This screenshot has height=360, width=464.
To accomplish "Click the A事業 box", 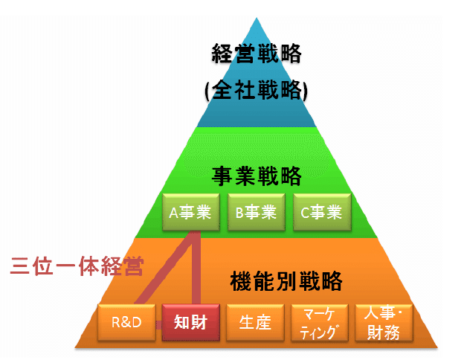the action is [191, 212].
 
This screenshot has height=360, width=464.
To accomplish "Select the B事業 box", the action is [257, 212].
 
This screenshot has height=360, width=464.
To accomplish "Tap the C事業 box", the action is [322, 212].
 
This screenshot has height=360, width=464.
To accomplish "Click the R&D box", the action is [126, 323].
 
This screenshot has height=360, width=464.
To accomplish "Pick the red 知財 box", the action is [191, 323].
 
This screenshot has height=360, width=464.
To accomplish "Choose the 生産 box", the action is [255, 323].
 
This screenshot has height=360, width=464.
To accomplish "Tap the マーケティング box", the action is [320, 323].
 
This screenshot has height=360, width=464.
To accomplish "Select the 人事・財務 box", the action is [384, 323].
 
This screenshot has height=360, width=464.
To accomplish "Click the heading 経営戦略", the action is [257, 54].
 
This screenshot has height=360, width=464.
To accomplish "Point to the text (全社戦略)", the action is [257, 90].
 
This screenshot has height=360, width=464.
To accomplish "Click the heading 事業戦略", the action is [257, 176].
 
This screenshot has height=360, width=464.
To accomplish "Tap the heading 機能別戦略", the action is [286, 281].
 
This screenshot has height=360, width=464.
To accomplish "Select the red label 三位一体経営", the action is [77, 266].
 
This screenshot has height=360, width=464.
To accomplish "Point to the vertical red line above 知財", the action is [196, 268].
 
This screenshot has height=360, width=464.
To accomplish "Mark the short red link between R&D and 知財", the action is [159, 325].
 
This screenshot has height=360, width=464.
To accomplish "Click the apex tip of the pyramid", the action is [257, 18].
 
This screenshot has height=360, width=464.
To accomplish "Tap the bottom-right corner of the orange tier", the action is [437, 347].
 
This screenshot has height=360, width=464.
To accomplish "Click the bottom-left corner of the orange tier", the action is [75, 347].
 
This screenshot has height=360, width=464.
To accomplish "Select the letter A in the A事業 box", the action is [173, 213].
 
